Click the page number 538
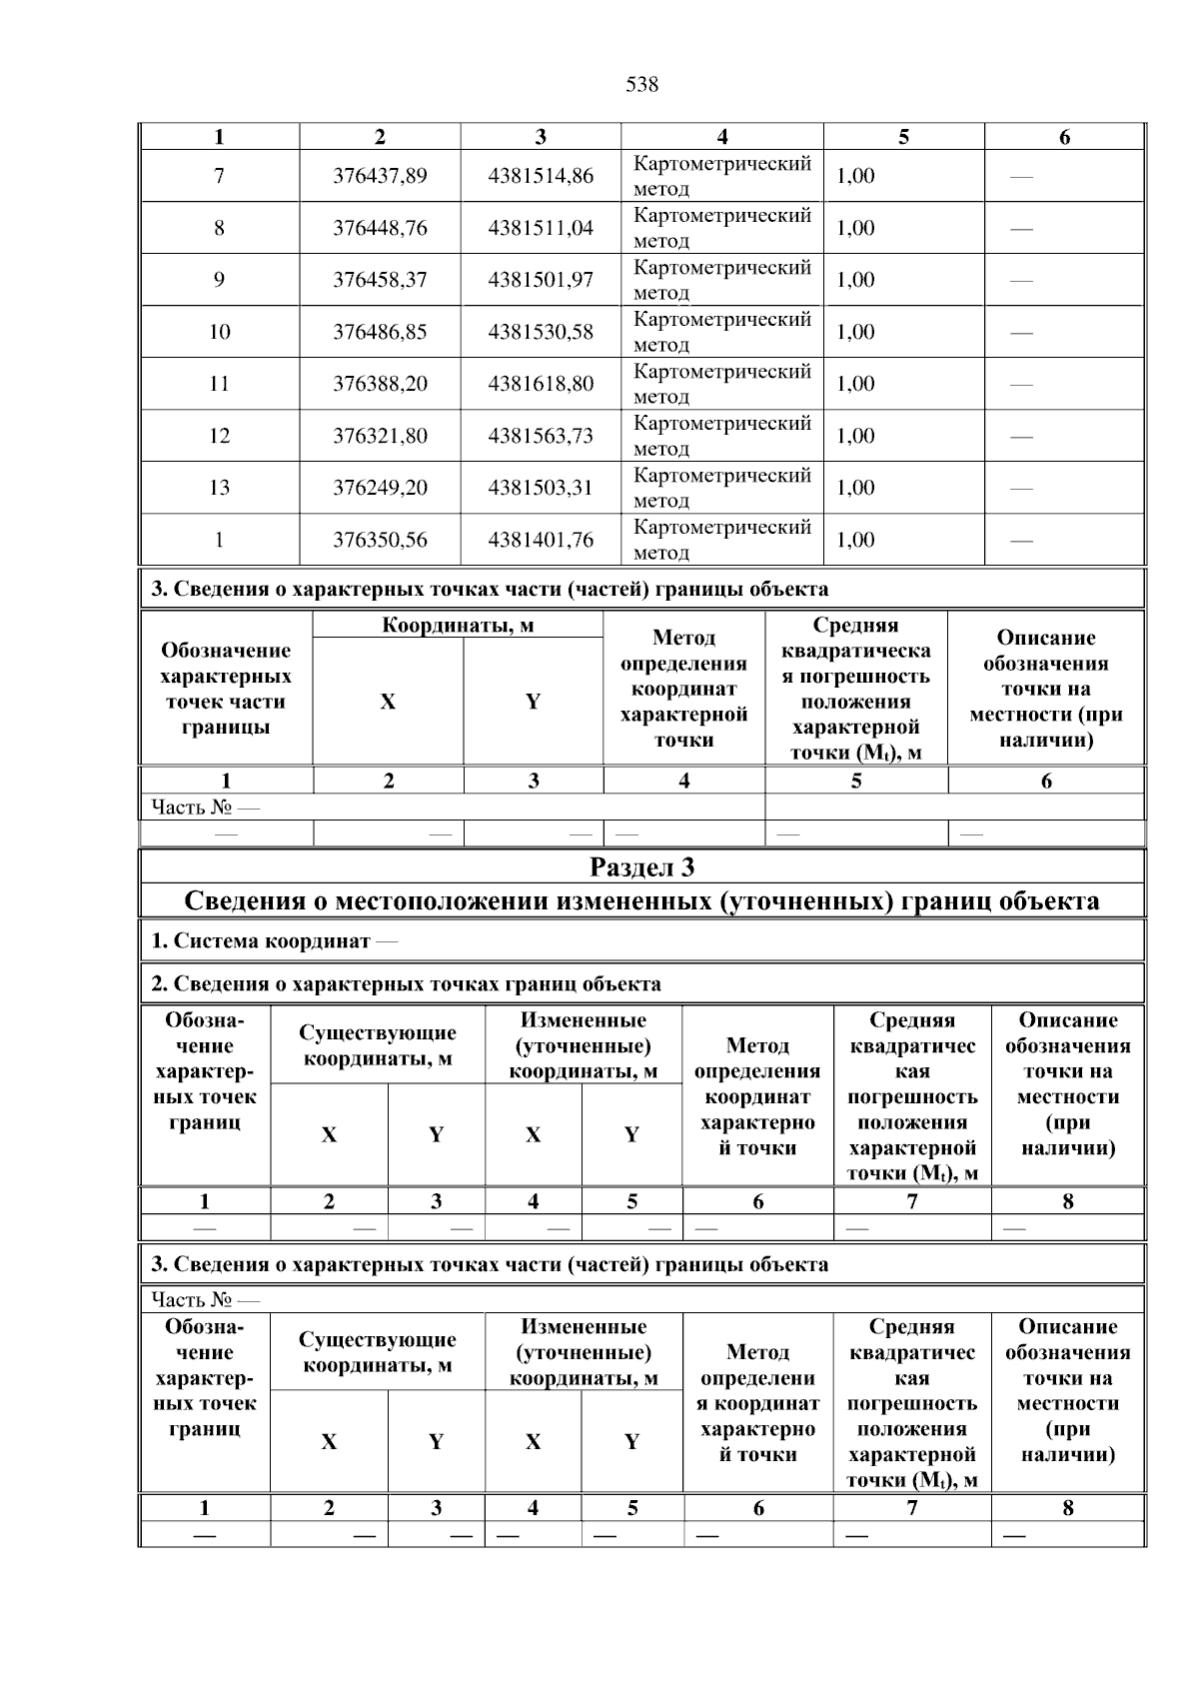pos(641,85)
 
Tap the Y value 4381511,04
pos(540,228)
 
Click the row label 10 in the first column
pos(219,332)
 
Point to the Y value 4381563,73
pos(540,436)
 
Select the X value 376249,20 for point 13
pos(380,488)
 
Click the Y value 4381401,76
pos(540,540)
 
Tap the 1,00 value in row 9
pos(855,280)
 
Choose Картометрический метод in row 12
pos(721,436)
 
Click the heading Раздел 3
pos(641,866)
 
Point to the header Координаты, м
pos(458,626)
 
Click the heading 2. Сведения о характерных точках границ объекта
pos(406,984)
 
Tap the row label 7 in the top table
pos(219,176)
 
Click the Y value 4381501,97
pos(540,280)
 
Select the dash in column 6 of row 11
pos(1021,385)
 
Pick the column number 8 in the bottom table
pos(1067,1508)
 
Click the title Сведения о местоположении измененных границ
pos(641,901)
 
